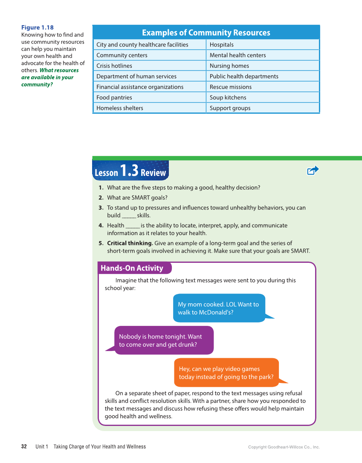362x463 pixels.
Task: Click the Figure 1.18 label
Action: point(38,28)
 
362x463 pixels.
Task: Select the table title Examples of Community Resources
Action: point(206,33)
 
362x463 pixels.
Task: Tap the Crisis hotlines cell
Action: point(114,66)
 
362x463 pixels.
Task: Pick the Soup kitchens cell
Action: point(228,98)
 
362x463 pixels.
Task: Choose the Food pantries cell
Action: point(114,98)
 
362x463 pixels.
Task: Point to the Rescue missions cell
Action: point(231,87)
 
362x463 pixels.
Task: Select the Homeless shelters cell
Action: point(120,108)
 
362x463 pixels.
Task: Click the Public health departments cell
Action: point(244,76)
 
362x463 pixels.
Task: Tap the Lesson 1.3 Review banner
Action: point(130,171)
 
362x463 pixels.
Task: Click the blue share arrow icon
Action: point(313,170)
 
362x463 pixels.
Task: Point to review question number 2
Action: point(133,198)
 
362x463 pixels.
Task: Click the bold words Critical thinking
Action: point(130,243)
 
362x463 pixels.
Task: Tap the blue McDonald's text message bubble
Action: point(219,308)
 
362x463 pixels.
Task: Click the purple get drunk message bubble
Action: point(164,340)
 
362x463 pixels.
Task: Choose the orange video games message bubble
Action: point(226,373)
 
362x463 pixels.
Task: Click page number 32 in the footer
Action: point(24,447)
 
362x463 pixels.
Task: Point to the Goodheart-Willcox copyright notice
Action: point(284,447)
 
